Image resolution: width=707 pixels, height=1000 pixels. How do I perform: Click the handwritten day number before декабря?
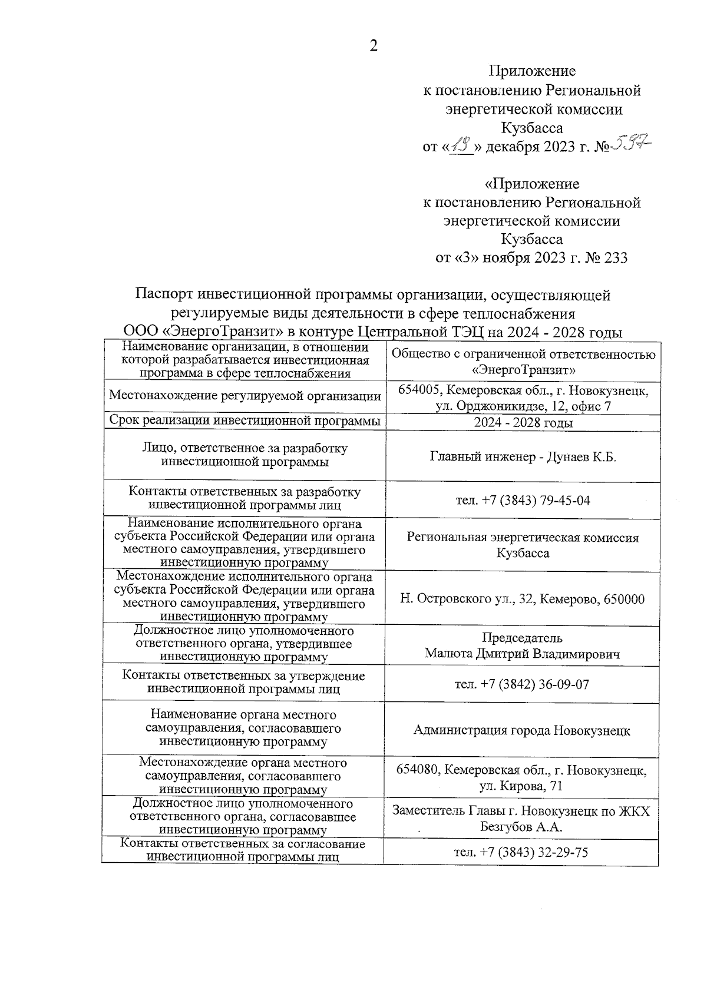tap(461, 144)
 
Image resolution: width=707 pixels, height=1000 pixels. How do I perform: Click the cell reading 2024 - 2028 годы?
tap(523, 423)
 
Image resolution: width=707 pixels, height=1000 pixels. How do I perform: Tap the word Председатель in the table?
tap(522, 638)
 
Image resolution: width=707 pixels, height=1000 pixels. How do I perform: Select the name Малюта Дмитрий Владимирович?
tap(522, 654)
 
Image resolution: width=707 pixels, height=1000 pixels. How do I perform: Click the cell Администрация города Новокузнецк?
tap(522, 731)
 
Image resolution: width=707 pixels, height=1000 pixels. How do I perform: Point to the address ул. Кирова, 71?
tap(521, 786)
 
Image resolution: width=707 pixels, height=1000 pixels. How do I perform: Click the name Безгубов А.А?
tap(521, 827)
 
